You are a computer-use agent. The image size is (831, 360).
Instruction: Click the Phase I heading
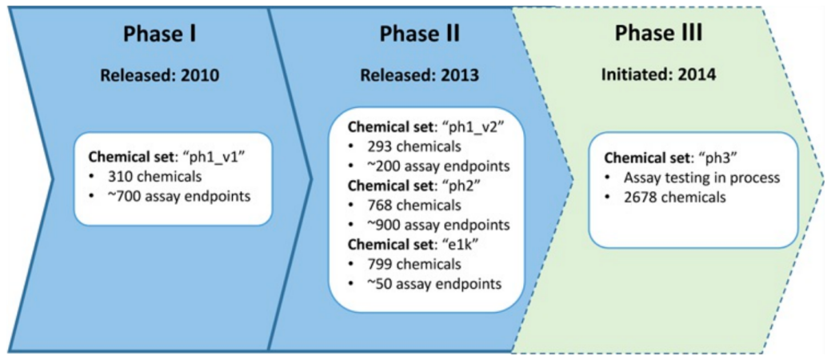tap(160, 35)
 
